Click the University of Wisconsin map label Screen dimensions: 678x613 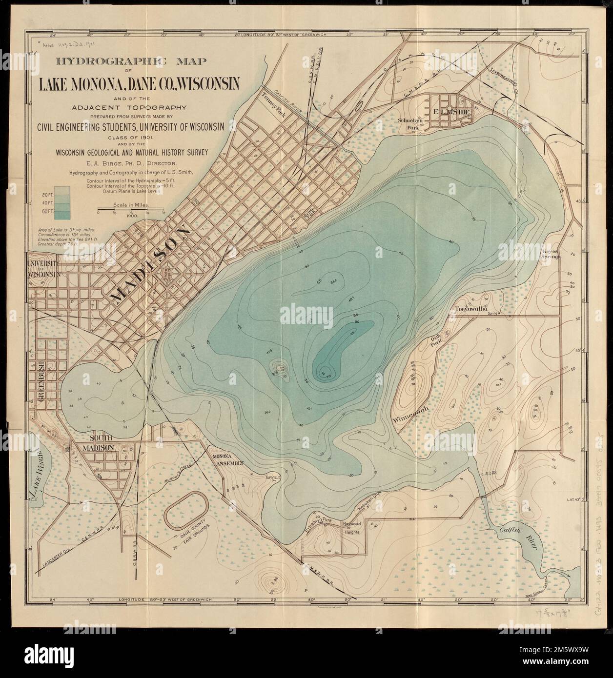pos(44,269)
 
